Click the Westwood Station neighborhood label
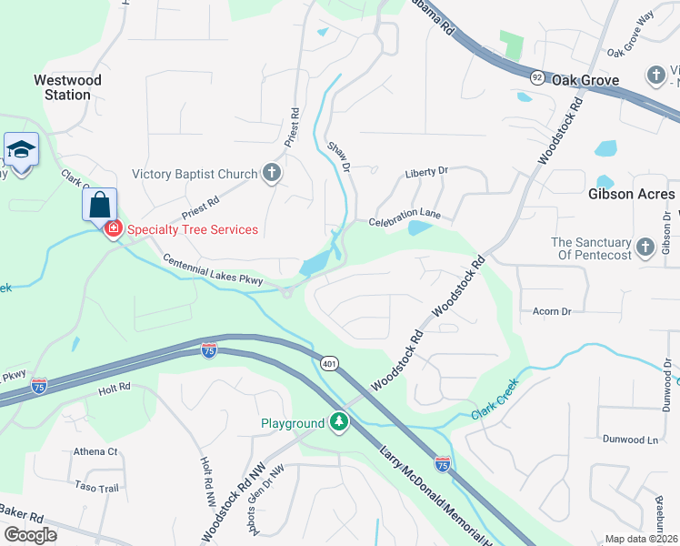tap(67, 87)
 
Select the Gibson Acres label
tap(631, 194)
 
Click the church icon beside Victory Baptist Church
tap(271, 173)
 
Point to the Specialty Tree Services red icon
tap(114, 228)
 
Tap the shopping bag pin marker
tap(100, 204)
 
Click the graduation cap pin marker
tap(20, 149)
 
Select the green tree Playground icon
tap(338, 422)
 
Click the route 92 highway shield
tap(537, 78)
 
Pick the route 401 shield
tap(329, 363)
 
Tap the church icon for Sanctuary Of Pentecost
tap(645, 248)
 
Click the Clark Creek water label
tap(494, 399)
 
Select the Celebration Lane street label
tap(405, 217)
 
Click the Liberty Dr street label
tap(426, 170)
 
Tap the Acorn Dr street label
tap(552, 311)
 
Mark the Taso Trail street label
tap(96, 488)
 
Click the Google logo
tap(30, 535)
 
